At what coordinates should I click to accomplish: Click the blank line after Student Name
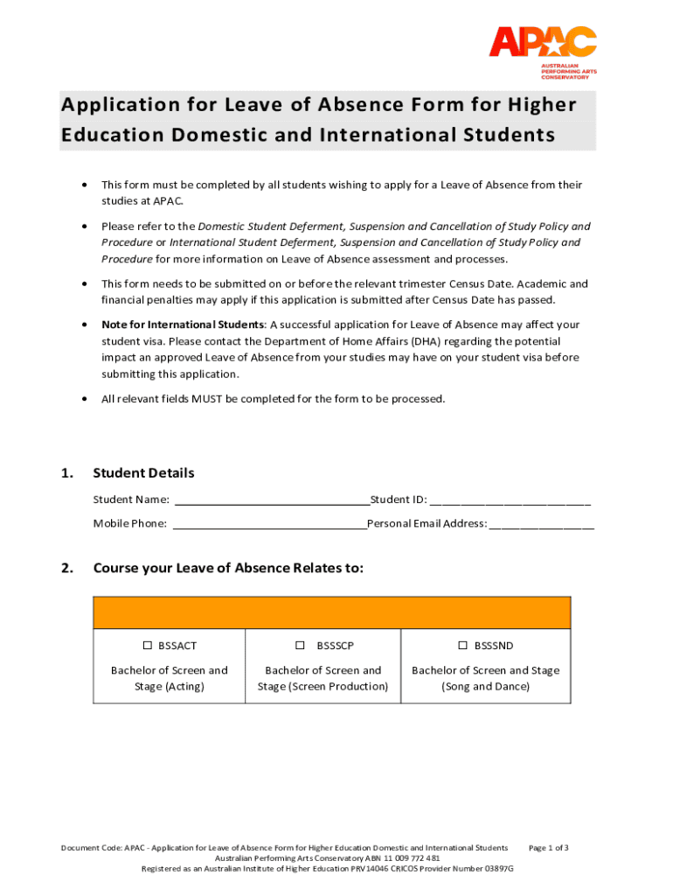coord(272,500)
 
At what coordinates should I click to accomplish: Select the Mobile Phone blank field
coord(269,524)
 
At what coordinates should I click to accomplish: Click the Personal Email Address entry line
coord(542,524)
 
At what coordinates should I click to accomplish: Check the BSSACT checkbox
coord(148,646)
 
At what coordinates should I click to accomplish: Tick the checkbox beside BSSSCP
coord(300,646)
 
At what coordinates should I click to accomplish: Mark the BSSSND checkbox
coord(463,646)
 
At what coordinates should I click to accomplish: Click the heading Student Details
coord(143,473)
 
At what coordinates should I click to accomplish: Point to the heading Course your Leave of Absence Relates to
coord(227,568)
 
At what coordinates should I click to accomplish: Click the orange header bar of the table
coord(331,612)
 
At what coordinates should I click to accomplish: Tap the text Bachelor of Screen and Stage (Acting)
coord(170,678)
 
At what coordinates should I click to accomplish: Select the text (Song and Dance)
coord(485,686)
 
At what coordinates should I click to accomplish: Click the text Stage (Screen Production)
coord(323,686)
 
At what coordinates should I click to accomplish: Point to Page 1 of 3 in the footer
coord(549,848)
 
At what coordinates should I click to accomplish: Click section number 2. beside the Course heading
coord(67,568)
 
